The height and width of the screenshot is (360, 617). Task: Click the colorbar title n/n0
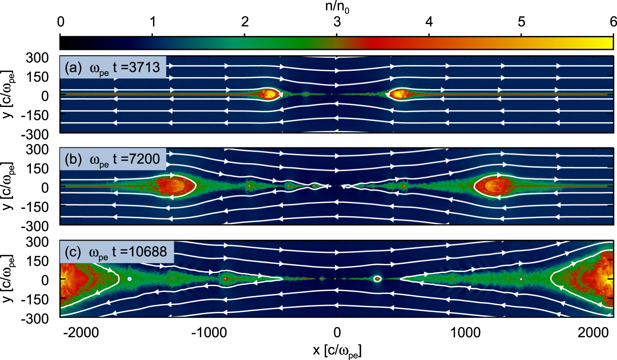point(337,7)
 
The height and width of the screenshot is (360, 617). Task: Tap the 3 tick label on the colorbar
point(337,22)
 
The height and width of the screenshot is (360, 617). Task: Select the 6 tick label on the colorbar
point(613,22)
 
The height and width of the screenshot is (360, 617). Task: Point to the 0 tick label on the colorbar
point(61,22)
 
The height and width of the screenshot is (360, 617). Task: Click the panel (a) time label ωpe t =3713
point(113,67)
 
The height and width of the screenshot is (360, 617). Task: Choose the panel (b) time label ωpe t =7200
point(113,159)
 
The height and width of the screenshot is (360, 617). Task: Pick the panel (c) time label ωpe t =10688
point(116,252)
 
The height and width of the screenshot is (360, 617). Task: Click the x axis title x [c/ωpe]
point(337,350)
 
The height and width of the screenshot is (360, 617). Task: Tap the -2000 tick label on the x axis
point(81,333)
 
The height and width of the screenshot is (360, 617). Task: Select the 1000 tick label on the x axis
point(465,333)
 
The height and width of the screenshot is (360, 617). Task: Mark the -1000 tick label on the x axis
point(209,333)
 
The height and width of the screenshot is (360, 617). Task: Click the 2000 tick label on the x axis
point(593,333)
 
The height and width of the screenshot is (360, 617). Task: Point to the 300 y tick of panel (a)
point(37,58)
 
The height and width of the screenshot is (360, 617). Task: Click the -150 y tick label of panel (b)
point(34,207)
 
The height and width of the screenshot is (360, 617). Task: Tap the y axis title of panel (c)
point(8,279)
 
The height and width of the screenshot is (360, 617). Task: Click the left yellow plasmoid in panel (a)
point(269,94)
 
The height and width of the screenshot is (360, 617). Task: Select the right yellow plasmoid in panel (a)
point(399,94)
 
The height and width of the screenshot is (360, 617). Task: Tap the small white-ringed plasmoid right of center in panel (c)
point(377,279)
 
